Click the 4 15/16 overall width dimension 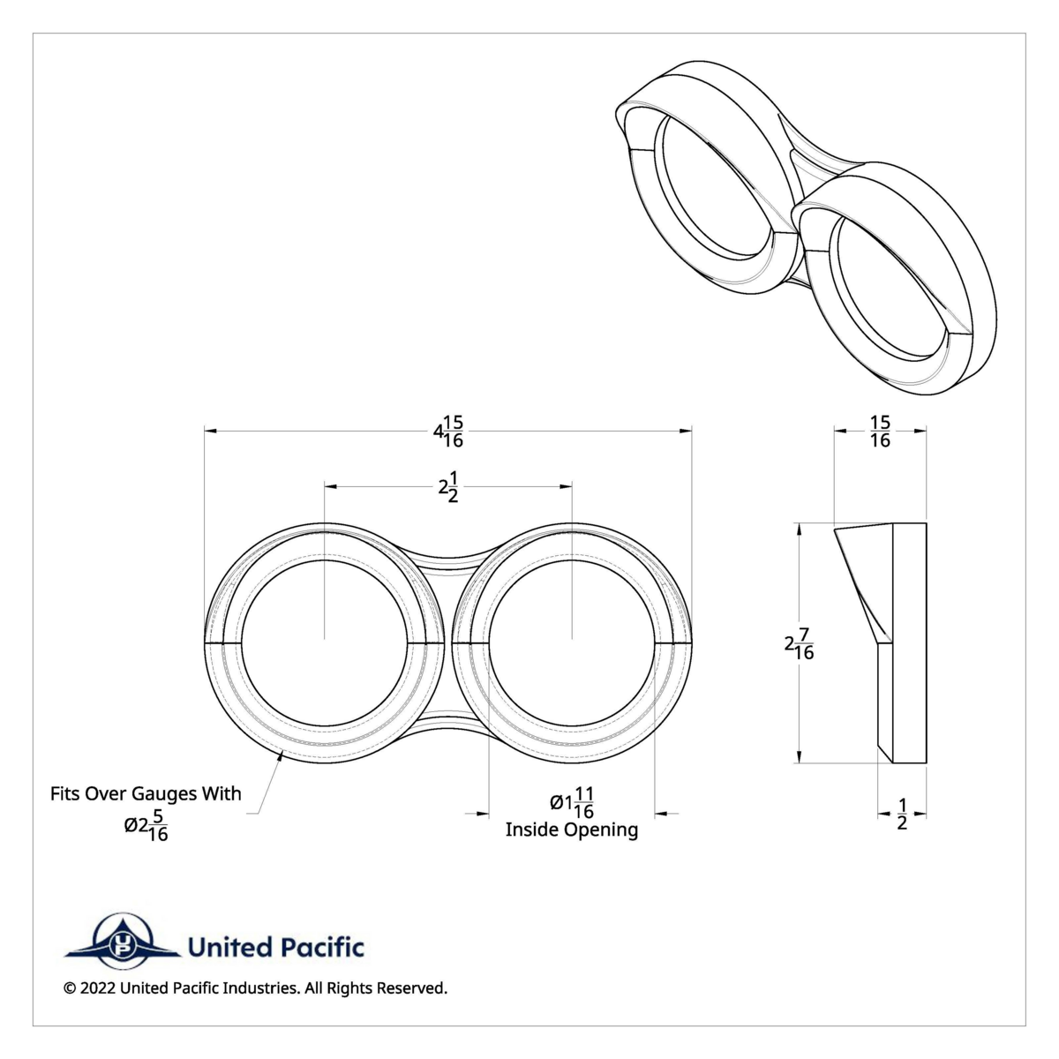click(x=448, y=432)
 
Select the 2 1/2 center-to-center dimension click(x=448, y=486)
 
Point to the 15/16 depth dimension click(x=880, y=432)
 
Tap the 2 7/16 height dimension click(x=800, y=645)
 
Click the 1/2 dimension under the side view click(x=902, y=814)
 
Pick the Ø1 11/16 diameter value click(x=572, y=802)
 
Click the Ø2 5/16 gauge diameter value click(x=146, y=825)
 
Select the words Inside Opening click(x=572, y=830)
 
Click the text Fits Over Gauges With click(x=146, y=793)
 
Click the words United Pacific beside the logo click(x=275, y=948)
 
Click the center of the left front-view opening click(x=325, y=638)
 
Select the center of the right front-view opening click(x=572, y=638)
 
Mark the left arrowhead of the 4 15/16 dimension click(x=209, y=431)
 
